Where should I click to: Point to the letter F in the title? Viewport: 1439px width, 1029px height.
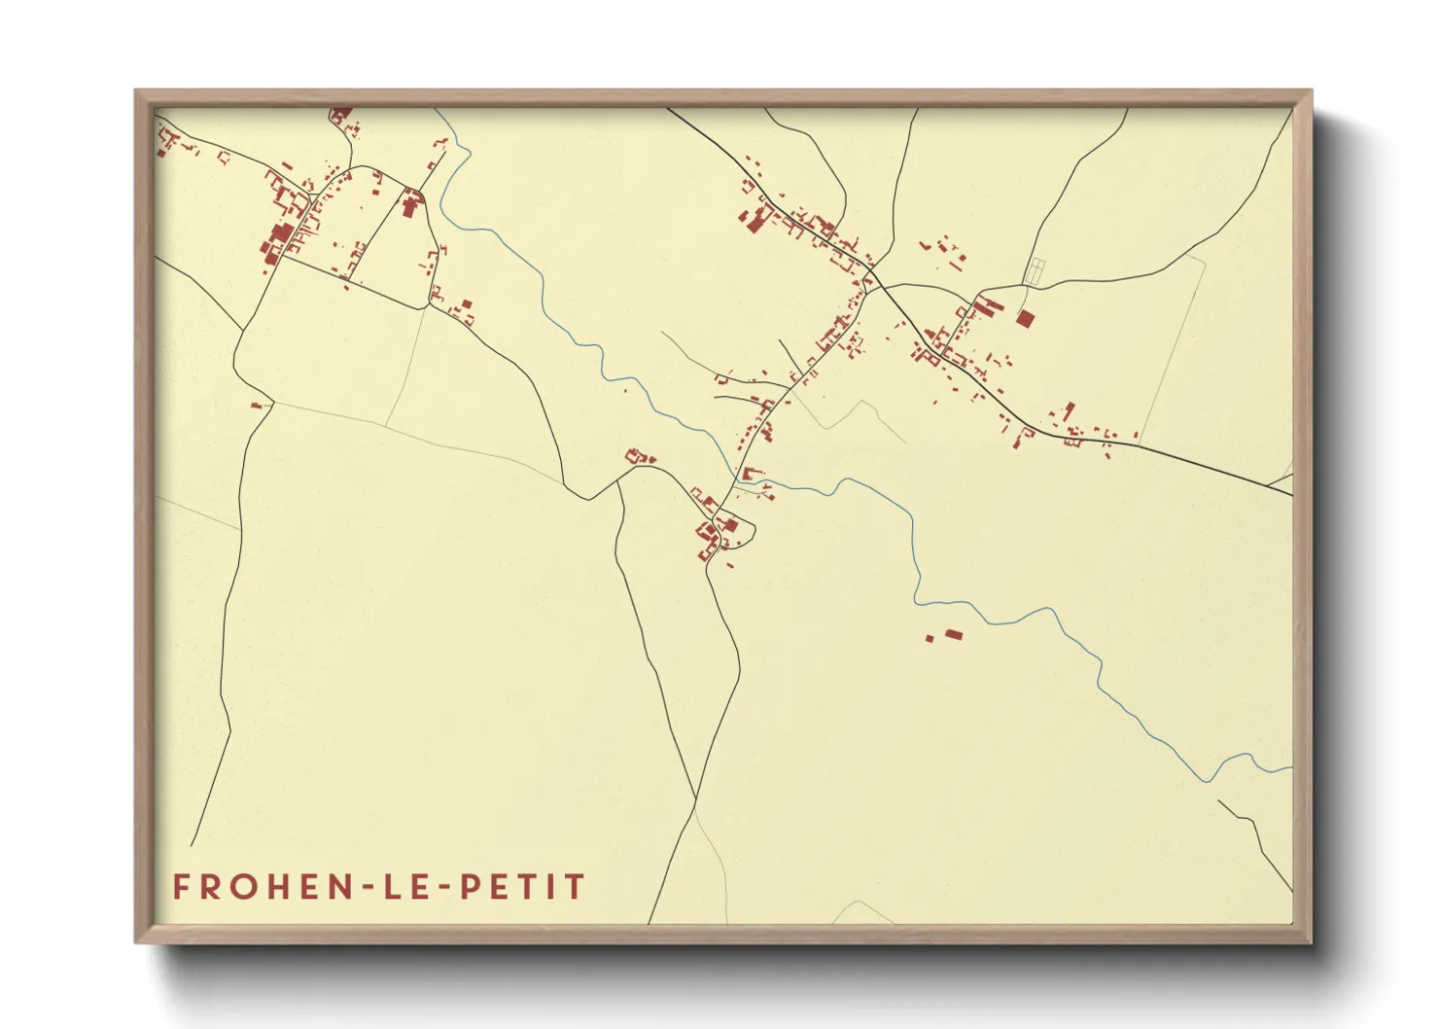point(181,887)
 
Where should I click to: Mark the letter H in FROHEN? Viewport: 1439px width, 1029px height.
point(279,887)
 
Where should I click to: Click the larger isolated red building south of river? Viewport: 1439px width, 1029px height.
point(954,634)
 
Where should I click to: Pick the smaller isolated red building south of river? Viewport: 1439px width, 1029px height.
point(930,639)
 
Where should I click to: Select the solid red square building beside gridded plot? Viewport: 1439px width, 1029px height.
point(1025,317)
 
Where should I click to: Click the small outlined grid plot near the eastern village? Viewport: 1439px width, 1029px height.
point(1035,271)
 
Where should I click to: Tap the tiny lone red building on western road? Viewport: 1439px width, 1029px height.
point(258,404)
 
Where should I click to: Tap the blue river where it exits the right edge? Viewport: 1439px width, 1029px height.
point(1288,768)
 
